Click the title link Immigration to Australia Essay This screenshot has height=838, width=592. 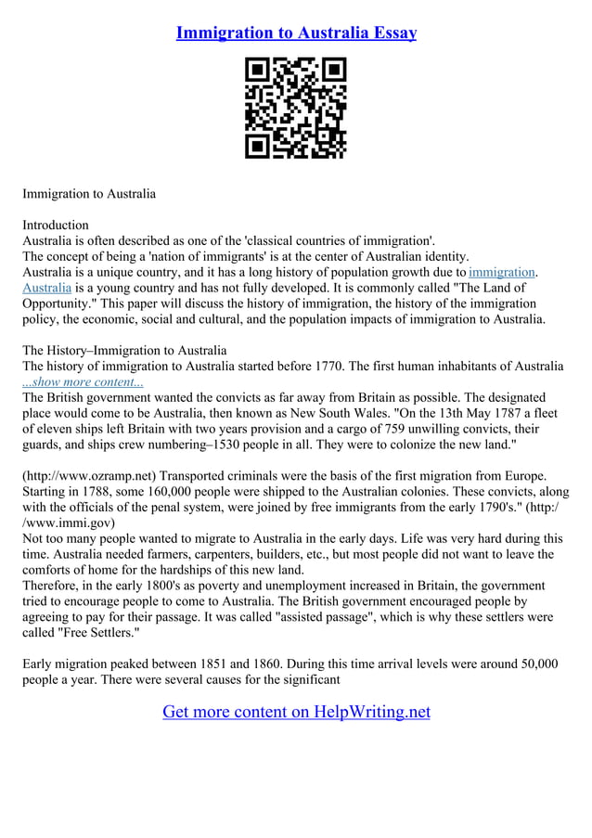[x=296, y=32]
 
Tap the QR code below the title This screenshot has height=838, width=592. [x=295, y=108]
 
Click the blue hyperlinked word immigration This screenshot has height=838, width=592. [x=502, y=272]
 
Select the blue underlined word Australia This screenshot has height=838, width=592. [x=46, y=288]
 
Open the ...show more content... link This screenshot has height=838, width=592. [x=83, y=381]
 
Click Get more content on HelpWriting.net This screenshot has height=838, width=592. [x=296, y=712]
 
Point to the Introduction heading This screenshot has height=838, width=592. [x=56, y=225]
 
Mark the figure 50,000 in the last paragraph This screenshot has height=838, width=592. [x=528, y=664]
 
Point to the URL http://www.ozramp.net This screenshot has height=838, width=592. [x=87, y=477]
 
